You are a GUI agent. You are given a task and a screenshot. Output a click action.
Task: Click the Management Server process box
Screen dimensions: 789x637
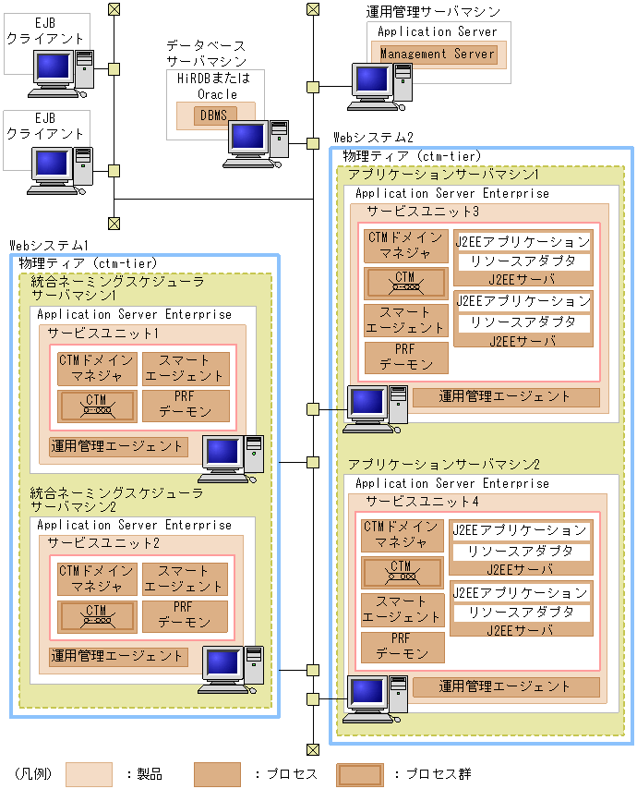click(438, 54)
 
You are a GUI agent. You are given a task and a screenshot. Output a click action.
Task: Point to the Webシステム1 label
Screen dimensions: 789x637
click(49, 246)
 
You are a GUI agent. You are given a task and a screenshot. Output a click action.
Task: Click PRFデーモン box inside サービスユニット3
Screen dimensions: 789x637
click(406, 358)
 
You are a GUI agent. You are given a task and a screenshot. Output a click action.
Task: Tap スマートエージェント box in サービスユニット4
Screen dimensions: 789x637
click(402, 610)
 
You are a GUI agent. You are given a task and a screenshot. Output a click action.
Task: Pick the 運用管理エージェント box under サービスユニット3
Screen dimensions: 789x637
click(505, 397)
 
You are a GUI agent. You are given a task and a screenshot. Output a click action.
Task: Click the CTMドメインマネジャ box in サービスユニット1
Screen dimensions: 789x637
click(97, 368)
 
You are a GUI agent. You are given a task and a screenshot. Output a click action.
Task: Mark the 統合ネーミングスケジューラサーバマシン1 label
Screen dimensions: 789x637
click(116, 288)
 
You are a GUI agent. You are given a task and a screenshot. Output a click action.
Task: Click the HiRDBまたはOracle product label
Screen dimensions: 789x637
click(207, 87)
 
